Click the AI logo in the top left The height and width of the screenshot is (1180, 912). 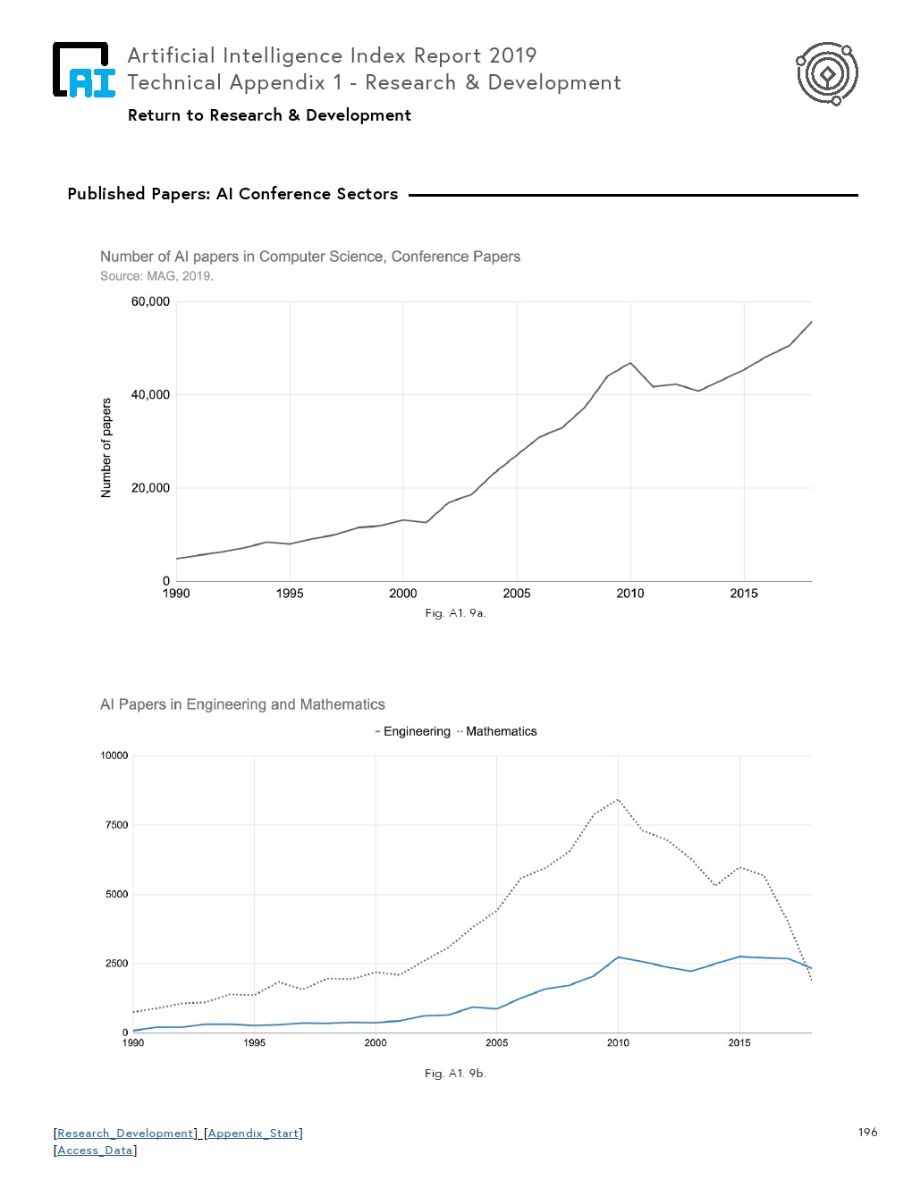84,70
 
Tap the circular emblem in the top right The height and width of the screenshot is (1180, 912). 827,73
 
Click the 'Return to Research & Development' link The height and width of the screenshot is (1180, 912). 269,115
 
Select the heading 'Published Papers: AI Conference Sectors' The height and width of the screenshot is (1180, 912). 232,194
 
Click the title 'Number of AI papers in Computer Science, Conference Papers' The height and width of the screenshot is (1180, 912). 309,257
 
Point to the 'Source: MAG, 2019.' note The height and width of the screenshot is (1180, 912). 156,276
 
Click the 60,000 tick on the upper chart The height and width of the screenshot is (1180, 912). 150,302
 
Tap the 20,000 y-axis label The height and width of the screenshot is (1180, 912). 150,488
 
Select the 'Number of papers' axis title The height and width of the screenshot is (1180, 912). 106,448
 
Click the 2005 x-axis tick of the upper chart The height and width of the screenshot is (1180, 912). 517,594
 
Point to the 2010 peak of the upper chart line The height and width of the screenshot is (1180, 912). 630,363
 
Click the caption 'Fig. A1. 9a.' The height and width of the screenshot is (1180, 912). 455,613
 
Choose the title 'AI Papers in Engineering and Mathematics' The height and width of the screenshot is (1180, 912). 242,704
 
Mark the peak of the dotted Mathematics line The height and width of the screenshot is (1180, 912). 618,799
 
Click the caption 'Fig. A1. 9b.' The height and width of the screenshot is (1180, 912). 455,1074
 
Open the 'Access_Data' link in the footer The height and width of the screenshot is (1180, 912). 95,1150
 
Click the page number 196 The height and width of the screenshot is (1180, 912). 867,1133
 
